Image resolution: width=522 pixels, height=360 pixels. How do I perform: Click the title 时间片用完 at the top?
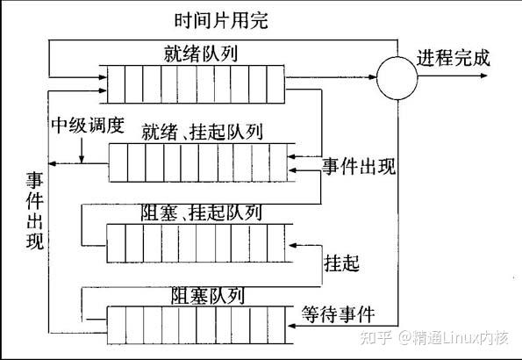coord(221,20)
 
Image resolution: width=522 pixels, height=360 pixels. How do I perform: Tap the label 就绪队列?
coord(201,54)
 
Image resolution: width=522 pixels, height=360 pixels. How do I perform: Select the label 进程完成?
coord(453,58)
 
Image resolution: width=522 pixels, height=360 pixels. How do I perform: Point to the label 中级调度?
coord(88,126)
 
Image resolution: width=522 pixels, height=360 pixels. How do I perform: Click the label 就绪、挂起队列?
coord(203,132)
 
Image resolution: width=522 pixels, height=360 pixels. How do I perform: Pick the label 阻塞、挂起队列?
coord(202,212)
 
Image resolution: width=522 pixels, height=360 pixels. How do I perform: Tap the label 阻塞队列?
coord(208,296)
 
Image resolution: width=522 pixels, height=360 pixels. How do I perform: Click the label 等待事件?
coord(338,314)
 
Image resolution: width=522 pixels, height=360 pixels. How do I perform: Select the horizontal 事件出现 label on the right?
coord(359,166)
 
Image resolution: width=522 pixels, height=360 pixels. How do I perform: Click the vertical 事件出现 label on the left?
coord(35,211)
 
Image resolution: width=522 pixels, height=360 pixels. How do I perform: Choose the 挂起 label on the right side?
coord(341,263)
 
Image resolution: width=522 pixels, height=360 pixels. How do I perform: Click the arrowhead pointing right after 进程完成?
coord(483,76)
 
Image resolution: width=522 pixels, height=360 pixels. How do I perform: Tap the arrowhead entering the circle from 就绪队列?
coord(373,77)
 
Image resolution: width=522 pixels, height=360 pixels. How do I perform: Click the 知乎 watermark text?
coord(375,337)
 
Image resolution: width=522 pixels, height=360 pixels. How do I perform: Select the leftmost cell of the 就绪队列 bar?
coord(116,84)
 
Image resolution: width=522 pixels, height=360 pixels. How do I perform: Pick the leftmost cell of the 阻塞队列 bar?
coord(117,325)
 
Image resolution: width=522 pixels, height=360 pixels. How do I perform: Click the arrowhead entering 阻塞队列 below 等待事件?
coord(292,326)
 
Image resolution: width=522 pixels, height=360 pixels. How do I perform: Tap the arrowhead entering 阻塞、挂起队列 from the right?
coord(293,245)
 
